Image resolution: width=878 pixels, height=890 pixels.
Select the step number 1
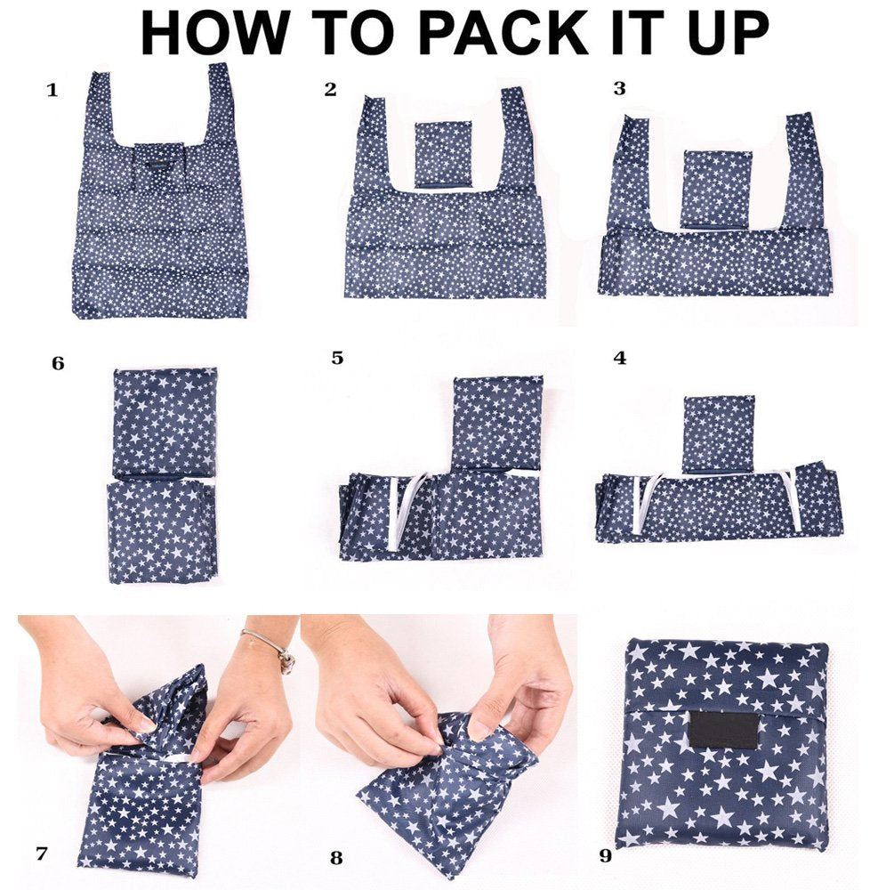tap(52, 90)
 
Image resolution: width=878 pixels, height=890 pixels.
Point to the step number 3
tap(619, 88)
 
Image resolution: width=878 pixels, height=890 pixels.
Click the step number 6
tap(58, 363)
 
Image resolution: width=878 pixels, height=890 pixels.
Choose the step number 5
tap(337, 358)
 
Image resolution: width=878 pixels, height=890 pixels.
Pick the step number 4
tap(620, 358)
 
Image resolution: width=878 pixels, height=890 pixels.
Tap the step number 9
tap(606, 856)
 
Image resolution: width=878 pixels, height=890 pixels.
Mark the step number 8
tap(335, 859)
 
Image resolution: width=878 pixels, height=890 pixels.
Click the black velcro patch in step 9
tap(722, 729)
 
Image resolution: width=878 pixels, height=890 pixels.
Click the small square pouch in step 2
tap(442, 153)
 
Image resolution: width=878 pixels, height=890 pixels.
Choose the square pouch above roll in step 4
tap(718, 433)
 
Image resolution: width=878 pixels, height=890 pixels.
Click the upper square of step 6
tap(165, 421)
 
